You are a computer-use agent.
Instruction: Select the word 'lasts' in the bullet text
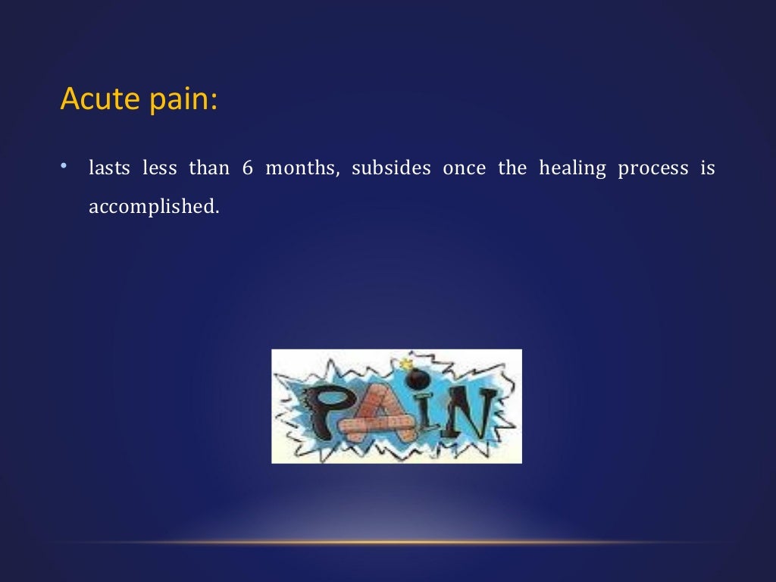[x=109, y=168]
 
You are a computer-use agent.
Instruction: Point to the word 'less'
[x=160, y=168]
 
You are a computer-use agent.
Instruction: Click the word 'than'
[x=208, y=168]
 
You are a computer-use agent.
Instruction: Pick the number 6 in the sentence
[x=247, y=168]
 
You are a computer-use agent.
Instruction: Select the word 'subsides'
[x=391, y=168]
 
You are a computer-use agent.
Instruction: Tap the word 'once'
[x=464, y=168]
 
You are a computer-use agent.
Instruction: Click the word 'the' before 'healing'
[x=512, y=168]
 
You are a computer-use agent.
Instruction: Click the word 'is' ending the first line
[x=707, y=168]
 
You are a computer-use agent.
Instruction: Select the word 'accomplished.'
[x=153, y=207]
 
